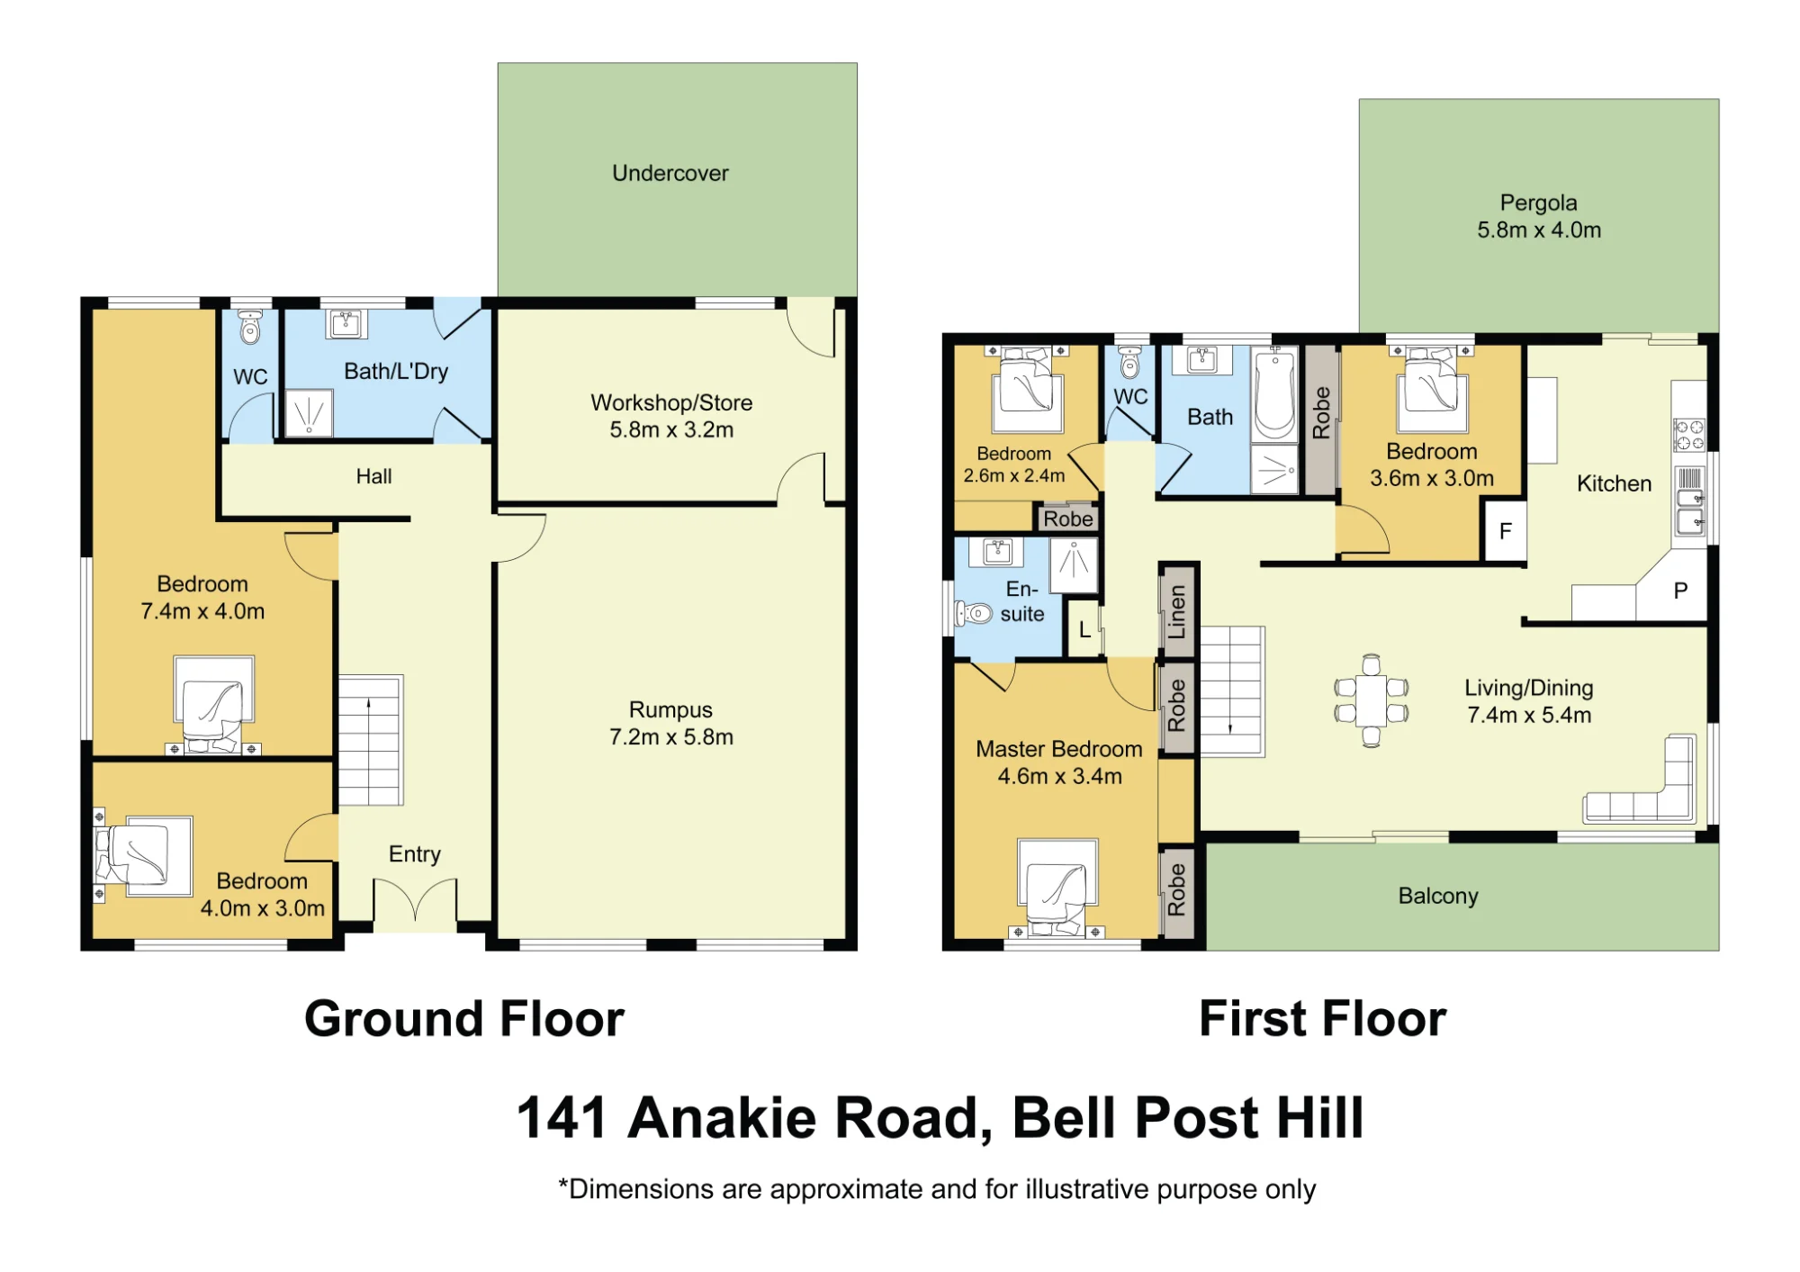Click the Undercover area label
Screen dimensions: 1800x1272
(670, 173)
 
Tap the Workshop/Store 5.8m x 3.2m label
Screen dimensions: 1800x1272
(671, 416)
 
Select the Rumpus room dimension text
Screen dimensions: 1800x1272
(671, 737)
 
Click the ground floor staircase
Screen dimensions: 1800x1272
(370, 740)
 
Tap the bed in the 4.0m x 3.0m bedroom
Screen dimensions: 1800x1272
(144, 855)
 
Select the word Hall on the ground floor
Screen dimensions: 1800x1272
(373, 476)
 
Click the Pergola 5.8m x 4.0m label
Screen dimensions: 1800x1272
(1539, 216)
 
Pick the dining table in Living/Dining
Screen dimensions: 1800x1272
(1371, 700)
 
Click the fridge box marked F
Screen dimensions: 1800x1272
(1505, 531)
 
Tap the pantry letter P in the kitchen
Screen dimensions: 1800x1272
(1680, 591)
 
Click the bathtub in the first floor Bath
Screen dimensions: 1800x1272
(1275, 394)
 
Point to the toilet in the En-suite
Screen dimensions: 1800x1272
(974, 614)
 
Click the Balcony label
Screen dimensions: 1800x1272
(1438, 896)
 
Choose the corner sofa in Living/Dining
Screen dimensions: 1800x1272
(1641, 780)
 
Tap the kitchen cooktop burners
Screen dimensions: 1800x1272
(1689, 435)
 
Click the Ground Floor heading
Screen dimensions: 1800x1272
(464, 1019)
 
